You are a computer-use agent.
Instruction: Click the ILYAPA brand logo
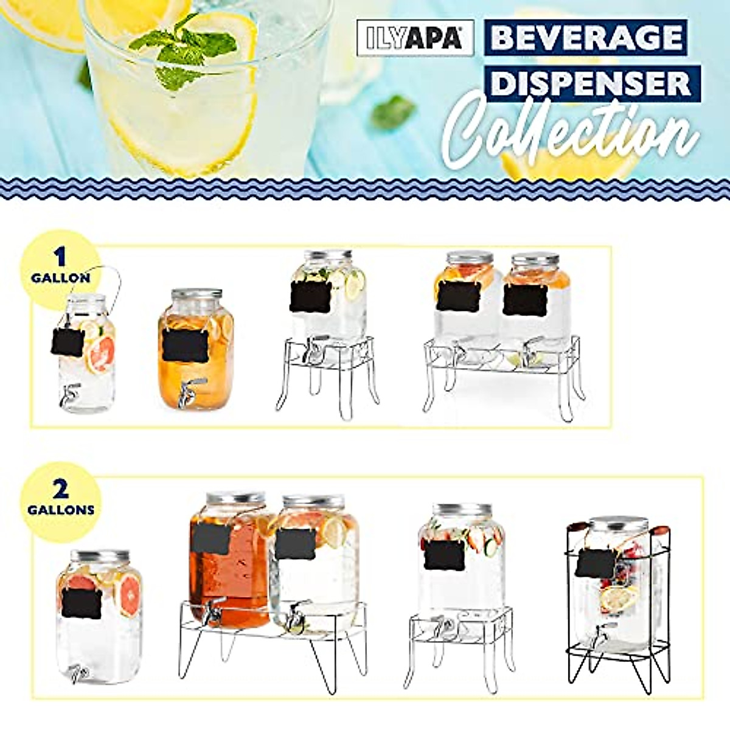(x=415, y=38)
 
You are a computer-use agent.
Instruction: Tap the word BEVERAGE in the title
(x=587, y=38)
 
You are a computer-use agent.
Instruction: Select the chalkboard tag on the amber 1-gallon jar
(x=185, y=345)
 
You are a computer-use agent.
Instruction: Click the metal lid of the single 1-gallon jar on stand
(x=328, y=255)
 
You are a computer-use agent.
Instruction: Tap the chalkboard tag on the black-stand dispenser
(x=594, y=563)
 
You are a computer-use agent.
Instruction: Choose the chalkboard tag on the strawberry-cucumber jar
(x=443, y=555)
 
